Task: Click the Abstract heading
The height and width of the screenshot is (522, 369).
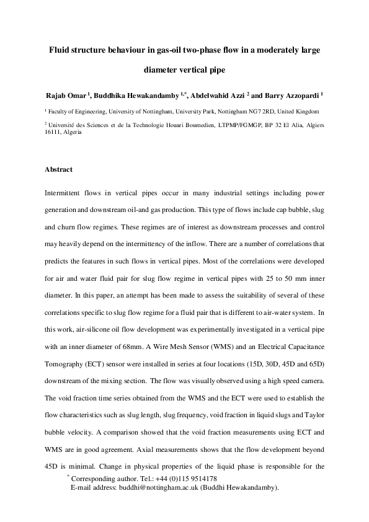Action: click(58, 169)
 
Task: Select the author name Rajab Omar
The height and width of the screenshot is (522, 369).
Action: click(67, 96)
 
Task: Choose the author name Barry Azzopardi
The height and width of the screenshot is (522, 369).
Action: click(291, 96)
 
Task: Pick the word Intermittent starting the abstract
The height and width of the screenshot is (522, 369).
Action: click(64, 195)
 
